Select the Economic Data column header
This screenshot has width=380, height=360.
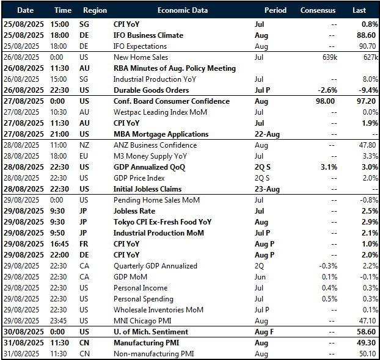(182, 10)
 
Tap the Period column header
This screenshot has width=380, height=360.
(275, 10)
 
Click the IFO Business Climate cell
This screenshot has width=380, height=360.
(148, 35)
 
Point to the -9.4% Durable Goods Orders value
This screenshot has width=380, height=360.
(365, 90)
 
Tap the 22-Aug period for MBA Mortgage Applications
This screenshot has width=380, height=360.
(267, 134)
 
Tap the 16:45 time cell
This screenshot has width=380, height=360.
(65, 244)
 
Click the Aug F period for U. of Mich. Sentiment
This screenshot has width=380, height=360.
(266, 332)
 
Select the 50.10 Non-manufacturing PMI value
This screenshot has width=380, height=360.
(367, 354)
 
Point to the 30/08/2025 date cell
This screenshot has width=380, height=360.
(25, 332)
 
